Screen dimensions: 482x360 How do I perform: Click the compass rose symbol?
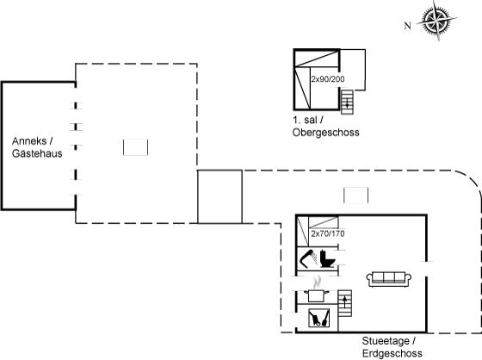(x=437, y=21)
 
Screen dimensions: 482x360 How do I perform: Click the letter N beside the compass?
(x=408, y=26)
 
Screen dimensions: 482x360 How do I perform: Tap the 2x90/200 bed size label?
(x=328, y=79)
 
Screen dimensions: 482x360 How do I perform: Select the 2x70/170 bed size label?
(x=328, y=233)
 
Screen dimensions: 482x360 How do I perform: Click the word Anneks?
(x=29, y=141)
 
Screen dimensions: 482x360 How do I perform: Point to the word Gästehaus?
(x=37, y=153)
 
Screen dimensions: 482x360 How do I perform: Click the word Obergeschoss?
(x=326, y=133)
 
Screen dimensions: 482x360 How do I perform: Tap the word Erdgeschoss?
(x=392, y=353)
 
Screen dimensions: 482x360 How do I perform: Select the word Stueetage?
(x=386, y=341)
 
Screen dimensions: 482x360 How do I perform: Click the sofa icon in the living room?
(x=389, y=279)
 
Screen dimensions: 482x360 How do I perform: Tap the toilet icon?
(x=327, y=258)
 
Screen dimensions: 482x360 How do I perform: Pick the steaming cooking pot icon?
(x=317, y=290)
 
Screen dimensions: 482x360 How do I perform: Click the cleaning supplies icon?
(x=318, y=318)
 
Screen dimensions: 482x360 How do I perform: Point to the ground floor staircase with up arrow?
(x=345, y=303)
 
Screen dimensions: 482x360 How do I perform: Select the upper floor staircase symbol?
(x=348, y=102)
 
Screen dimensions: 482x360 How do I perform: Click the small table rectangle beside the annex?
(x=136, y=147)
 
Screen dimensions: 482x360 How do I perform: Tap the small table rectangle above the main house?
(x=355, y=196)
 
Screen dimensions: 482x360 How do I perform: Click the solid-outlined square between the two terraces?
(x=219, y=196)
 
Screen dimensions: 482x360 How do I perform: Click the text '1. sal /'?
(x=308, y=120)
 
